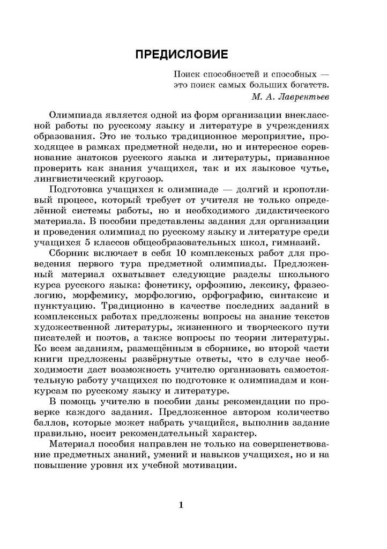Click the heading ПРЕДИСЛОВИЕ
click(x=181, y=55)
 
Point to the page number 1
click(x=181, y=505)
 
